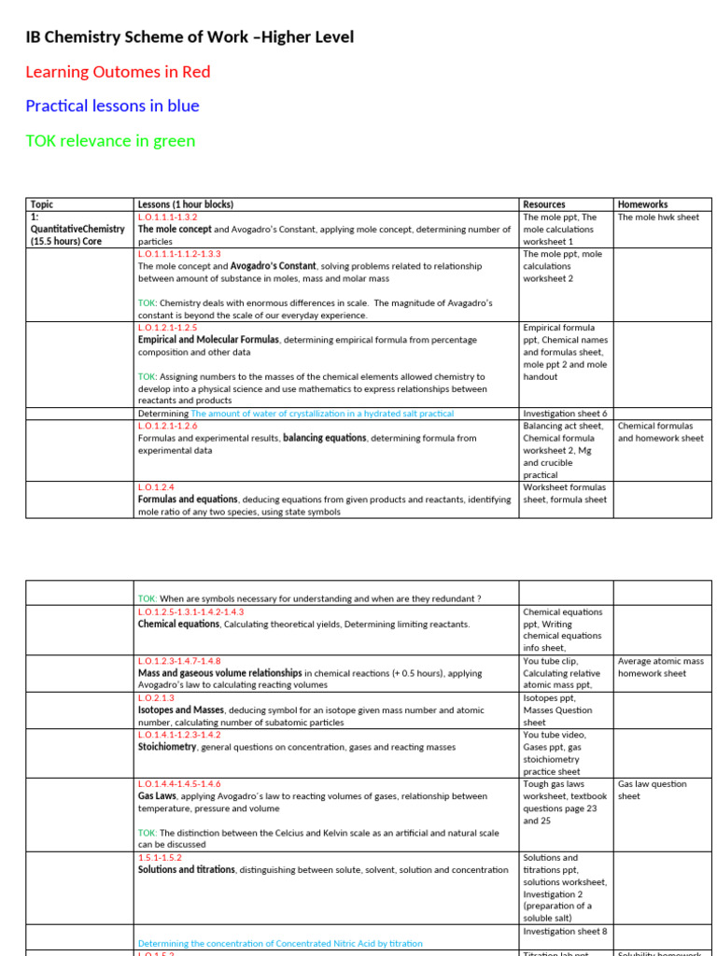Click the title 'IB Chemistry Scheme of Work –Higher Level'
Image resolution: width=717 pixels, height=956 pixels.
(190, 37)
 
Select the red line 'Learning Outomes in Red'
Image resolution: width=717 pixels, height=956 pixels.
(118, 72)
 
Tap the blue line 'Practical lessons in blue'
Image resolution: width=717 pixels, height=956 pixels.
(112, 106)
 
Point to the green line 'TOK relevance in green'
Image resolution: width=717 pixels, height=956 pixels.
(110, 141)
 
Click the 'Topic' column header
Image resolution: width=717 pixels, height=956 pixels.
(42, 204)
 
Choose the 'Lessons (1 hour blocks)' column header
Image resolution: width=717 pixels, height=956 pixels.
(185, 204)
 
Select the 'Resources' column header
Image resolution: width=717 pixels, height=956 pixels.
(544, 204)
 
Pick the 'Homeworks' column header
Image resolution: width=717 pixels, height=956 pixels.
(642, 204)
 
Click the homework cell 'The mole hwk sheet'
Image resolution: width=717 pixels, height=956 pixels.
(658, 217)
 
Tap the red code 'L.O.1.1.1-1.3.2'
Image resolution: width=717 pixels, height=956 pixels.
(168, 217)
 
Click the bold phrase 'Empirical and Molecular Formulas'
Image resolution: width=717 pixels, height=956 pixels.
(208, 340)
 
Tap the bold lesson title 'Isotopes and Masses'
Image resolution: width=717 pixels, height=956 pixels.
(181, 710)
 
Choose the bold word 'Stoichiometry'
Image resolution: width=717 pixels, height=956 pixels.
(167, 747)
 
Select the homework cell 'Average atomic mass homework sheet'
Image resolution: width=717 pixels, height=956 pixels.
(660, 667)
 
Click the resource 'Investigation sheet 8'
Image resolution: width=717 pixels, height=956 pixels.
(565, 931)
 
